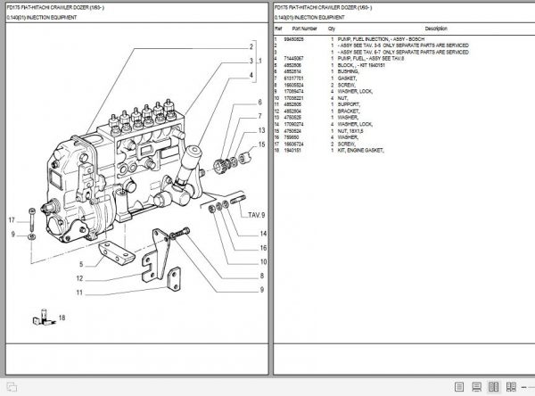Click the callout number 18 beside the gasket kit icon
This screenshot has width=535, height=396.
[62, 318]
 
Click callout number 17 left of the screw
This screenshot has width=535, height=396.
[12, 219]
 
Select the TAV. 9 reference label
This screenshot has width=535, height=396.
[255, 215]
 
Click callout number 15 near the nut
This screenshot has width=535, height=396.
[261, 143]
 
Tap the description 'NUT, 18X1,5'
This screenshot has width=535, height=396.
[355, 132]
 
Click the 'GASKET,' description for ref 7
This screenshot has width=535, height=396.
[347, 78]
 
